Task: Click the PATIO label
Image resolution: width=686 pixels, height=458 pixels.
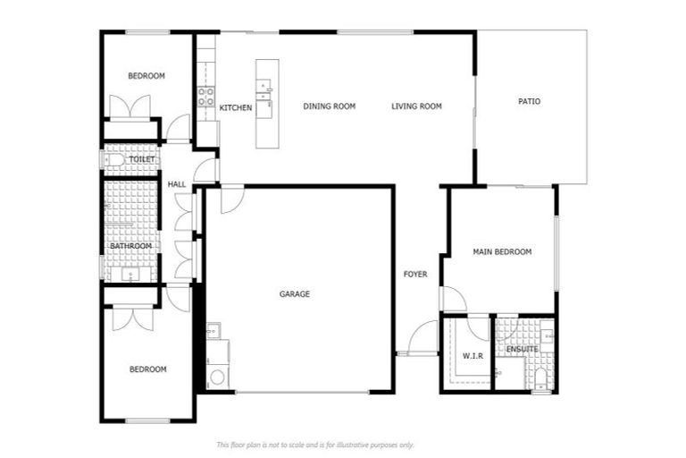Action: (x=529, y=101)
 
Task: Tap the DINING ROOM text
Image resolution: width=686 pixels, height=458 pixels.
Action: (x=329, y=106)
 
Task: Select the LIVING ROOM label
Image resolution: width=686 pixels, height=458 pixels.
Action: (x=416, y=106)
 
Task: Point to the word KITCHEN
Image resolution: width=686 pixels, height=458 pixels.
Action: (x=236, y=108)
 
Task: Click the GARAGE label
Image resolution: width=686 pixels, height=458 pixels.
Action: (x=294, y=294)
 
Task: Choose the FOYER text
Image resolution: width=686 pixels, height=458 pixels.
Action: (x=415, y=275)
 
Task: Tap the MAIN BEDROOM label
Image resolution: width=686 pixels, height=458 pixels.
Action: (x=501, y=252)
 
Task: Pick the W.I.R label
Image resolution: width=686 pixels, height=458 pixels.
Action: (x=473, y=356)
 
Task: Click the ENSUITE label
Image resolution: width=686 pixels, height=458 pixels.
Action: (x=522, y=349)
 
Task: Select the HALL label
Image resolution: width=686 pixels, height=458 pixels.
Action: (x=177, y=184)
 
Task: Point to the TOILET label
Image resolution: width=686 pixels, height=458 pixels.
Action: (x=142, y=159)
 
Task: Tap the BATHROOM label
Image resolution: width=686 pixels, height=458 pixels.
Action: (x=130, y=246)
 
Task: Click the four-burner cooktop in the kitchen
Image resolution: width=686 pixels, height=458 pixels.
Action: (x=205, y=97)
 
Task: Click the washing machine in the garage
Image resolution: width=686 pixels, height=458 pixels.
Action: (x=217, y=375)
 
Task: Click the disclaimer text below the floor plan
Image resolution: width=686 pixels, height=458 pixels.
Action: (x=315, y=445)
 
